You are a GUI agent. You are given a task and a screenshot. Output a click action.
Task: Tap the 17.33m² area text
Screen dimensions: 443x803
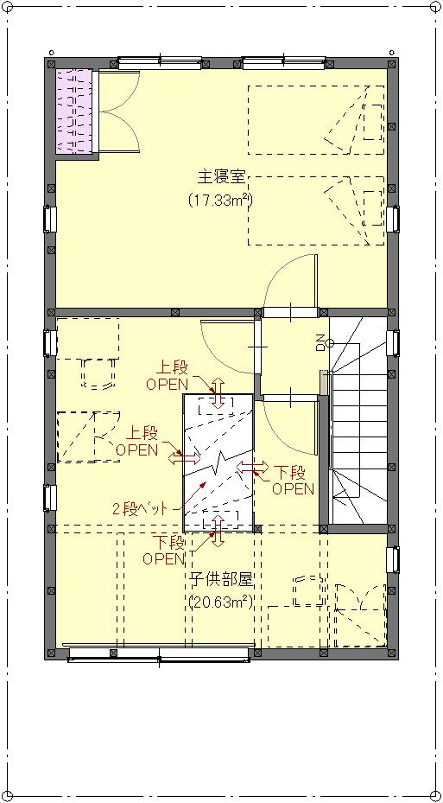(x=220, y=199)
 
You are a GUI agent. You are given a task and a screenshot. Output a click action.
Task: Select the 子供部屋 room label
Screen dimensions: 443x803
(x=223, y=580)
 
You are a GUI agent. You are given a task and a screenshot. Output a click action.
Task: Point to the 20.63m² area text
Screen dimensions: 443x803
(x=221, y=602)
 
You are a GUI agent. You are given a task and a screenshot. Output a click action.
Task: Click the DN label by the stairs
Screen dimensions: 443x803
(x=320, y=342)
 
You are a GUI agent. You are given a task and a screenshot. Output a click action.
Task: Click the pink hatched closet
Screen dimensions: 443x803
(x=73, y=111)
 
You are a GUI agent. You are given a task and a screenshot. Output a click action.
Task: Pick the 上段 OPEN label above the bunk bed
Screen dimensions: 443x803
(x=168, y=375)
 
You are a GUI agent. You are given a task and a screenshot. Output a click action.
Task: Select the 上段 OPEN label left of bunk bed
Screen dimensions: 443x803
(x=137, y=442)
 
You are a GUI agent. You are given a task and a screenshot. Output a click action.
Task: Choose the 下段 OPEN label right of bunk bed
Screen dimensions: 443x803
(x=293, y=480)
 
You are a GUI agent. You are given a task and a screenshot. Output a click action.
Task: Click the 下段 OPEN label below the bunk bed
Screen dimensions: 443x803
(x=164, y=550)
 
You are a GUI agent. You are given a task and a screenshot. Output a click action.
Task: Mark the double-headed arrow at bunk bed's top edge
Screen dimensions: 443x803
(x=218, y=394)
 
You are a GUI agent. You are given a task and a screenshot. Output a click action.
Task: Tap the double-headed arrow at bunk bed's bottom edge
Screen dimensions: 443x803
(x=218, y=531)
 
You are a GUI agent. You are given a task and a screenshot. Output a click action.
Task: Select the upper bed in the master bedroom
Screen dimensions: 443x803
(x=315, y=119)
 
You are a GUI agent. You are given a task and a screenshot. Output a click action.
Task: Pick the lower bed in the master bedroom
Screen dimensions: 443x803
(x=315, y=211)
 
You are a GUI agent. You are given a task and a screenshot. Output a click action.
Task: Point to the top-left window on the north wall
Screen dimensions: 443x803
(x=160, y=63)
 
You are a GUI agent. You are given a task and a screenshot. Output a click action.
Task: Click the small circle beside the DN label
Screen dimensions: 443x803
(x=330, y=342)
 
